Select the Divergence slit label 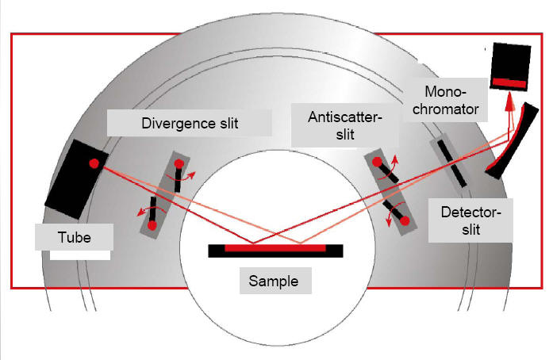(189, 124)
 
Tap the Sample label (271, 281)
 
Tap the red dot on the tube (94, 164)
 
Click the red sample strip (275, 248)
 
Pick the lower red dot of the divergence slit (152, 225)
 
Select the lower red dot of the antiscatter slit (405, 222)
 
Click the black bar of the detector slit (449, 163)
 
